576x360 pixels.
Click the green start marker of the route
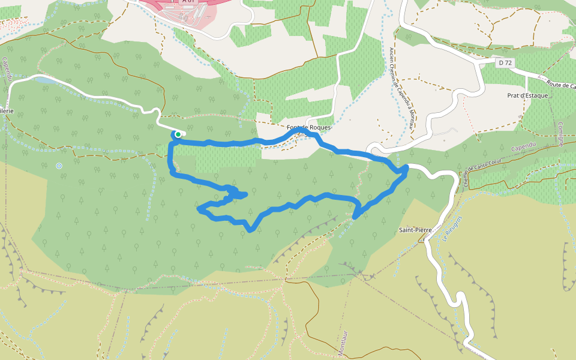(x=178, y=134)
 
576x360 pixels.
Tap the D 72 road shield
(x=506, y=62)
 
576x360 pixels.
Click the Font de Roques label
(x=309, y=128)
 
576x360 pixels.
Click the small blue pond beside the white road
(x=45, y=79)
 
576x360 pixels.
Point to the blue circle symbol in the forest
(x=59, y=166)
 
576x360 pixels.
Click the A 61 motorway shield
(x=189, y=2)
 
